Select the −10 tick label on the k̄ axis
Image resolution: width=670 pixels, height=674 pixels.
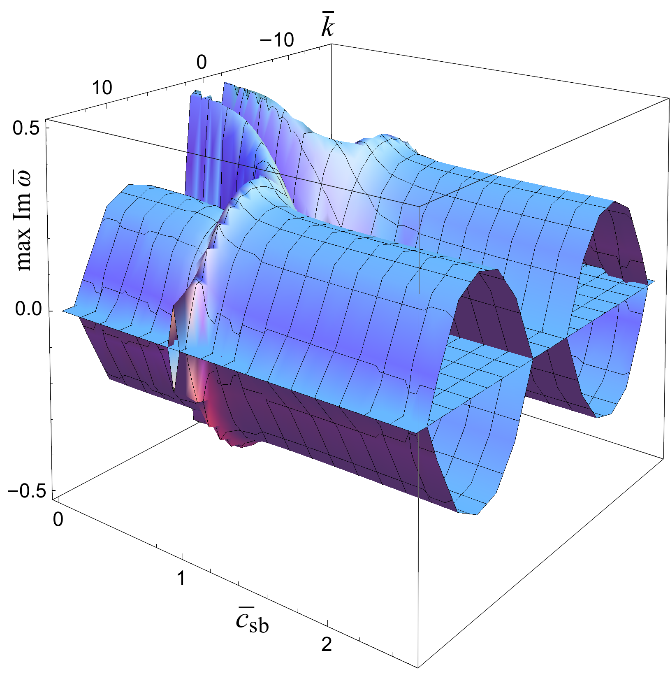[277, 40]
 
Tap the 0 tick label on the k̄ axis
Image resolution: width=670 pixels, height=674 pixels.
[202, 62]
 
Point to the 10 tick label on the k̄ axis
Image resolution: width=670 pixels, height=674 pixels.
[102, 88]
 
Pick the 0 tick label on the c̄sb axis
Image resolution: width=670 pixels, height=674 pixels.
[58, 519]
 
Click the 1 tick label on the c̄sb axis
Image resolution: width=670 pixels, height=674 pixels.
[181, 579]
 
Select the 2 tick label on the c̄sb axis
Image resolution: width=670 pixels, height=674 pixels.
[327, 644]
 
